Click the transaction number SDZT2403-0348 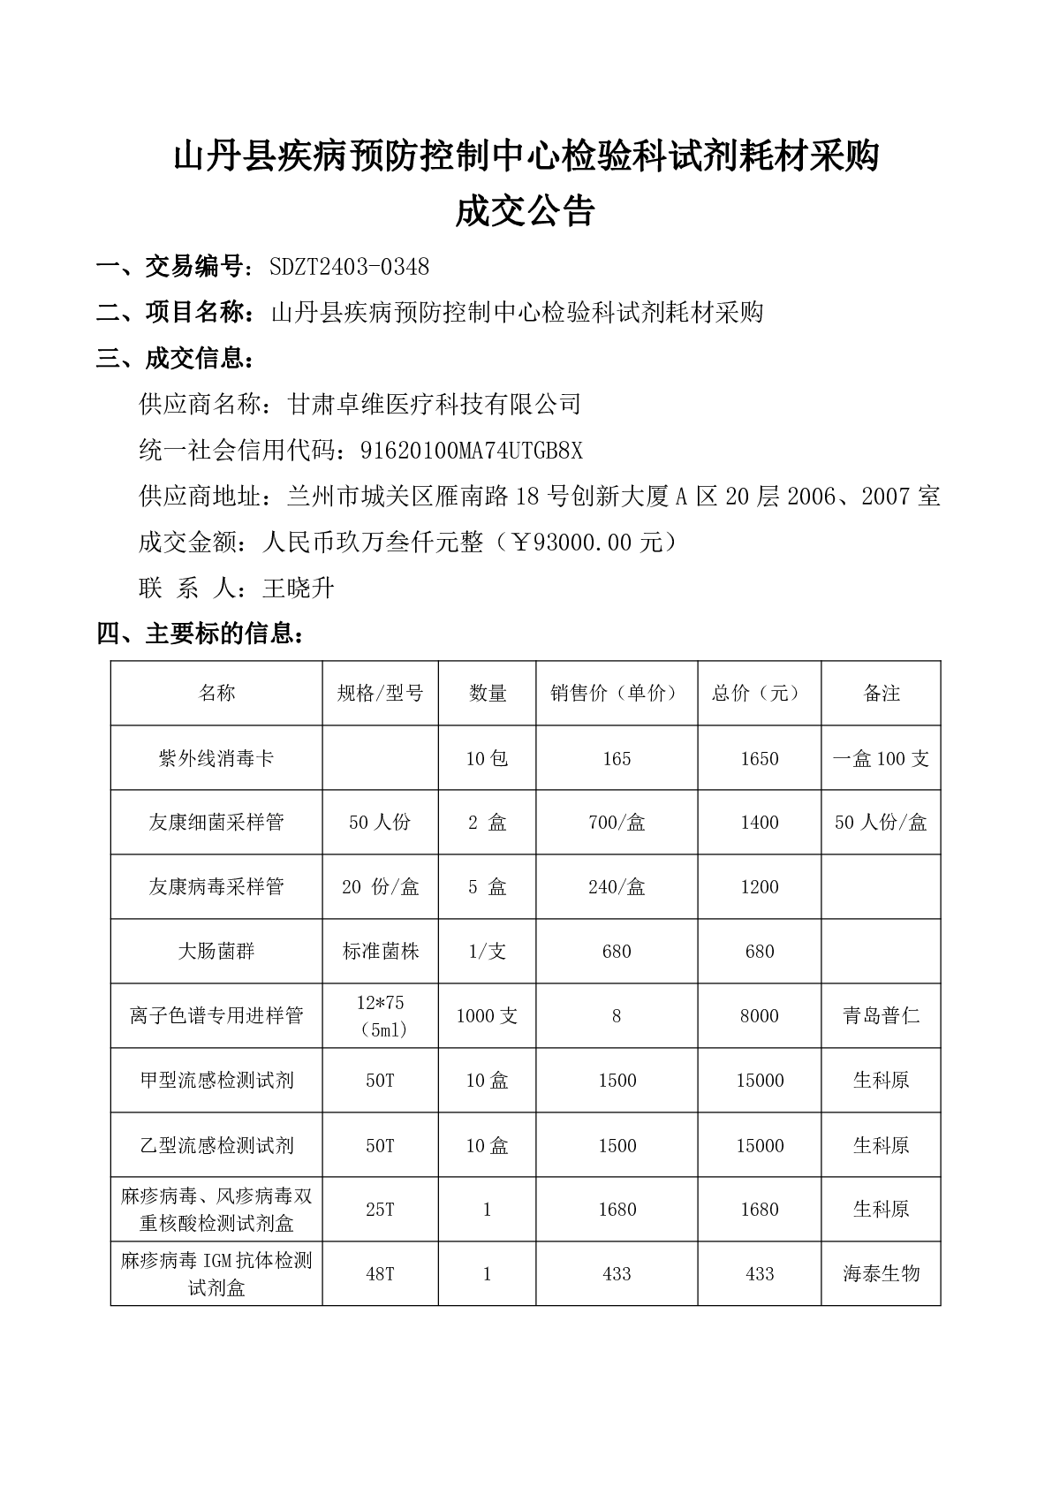350,266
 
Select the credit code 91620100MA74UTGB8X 472,451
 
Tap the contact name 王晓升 299,588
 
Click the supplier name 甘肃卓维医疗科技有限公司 435,405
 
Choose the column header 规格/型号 380,694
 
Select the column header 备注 881,694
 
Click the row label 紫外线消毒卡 216,758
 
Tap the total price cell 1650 760,758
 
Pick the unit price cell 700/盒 617,823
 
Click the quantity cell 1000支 487,1016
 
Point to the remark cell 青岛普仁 881,1016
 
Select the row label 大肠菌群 216,952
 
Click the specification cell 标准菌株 380,952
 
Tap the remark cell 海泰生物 881,1273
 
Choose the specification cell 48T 380,1273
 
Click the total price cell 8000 760,1016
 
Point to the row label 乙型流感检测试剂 216,1145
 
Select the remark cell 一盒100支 881,758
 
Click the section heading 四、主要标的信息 201,634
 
